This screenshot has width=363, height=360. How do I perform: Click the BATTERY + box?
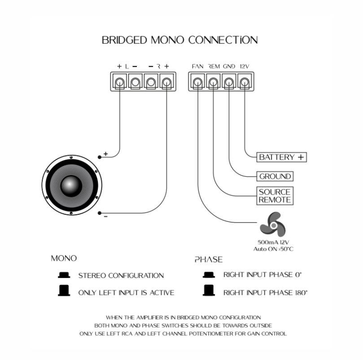282,157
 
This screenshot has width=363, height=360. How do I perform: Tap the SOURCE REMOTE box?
275,196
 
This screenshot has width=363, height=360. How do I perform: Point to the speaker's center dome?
71,185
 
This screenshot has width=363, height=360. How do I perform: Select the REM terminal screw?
214,82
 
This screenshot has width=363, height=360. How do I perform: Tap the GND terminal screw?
229,82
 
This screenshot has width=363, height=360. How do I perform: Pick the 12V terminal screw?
245,82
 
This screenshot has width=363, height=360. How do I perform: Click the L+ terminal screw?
120,82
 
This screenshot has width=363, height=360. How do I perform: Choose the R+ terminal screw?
166,82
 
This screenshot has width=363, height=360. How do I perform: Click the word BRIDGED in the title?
124,40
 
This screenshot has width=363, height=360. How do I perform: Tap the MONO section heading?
64,259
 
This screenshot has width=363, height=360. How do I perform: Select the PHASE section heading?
208,259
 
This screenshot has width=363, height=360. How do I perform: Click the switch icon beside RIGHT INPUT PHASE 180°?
208,291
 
